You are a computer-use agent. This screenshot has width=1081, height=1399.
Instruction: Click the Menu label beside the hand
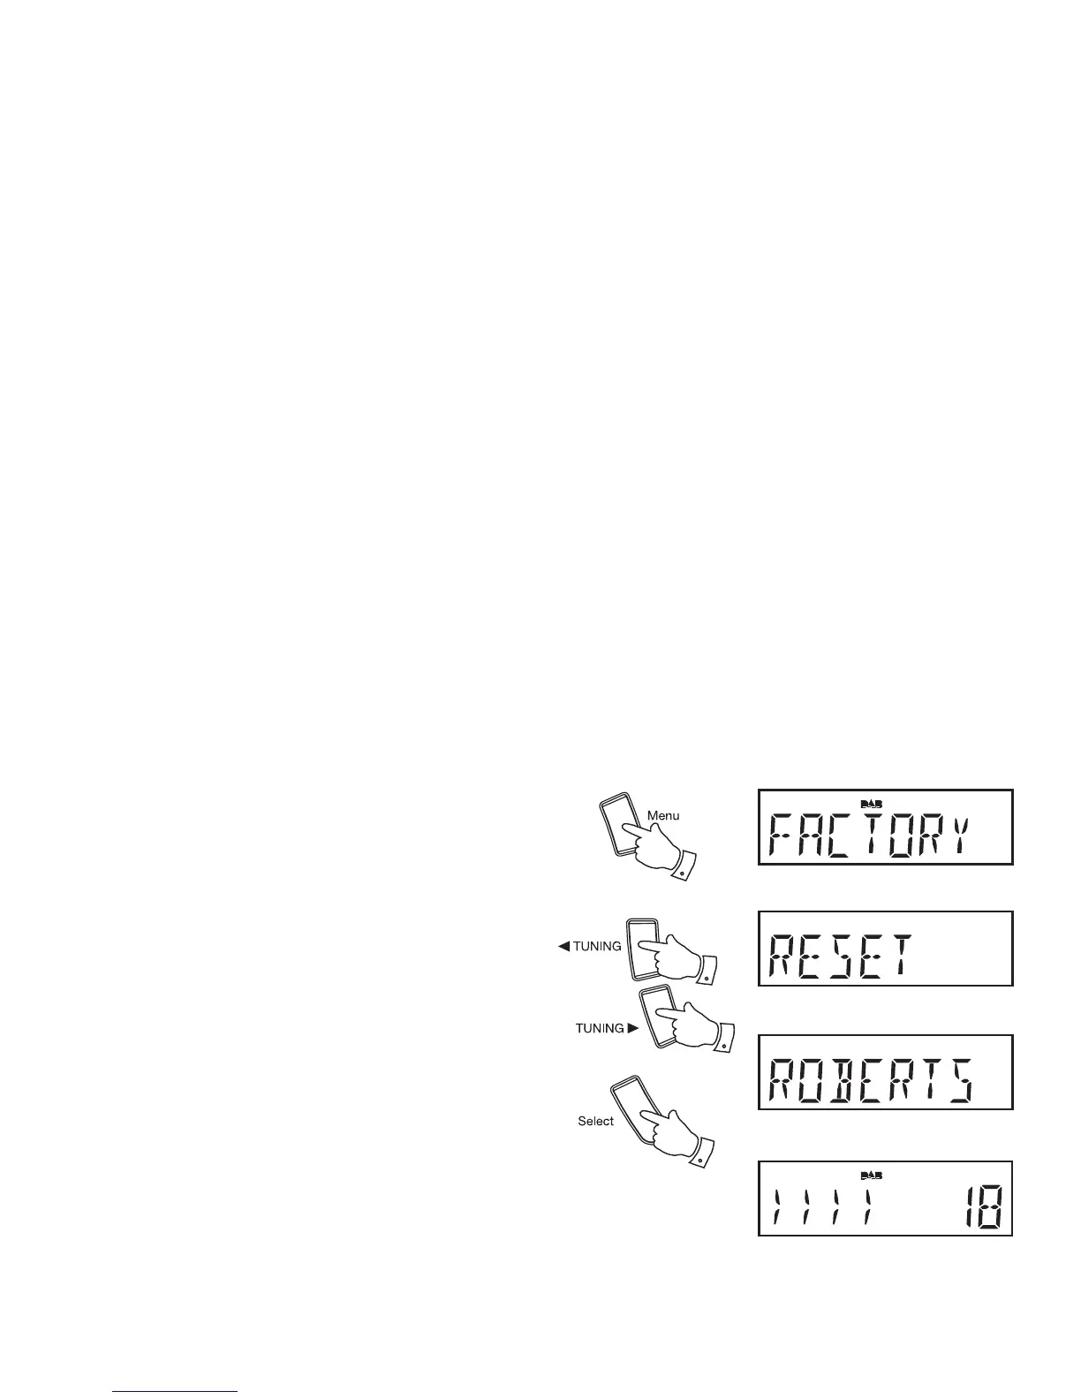(x=663, y=815)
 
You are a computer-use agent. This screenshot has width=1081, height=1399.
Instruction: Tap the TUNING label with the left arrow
(x=597, y=946)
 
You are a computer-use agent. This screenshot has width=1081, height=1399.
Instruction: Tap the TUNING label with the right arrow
(x=600, y=1028)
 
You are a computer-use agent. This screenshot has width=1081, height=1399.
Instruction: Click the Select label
(x=595, y=1121)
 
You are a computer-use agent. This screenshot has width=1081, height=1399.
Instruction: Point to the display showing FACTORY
(x=885, y=827)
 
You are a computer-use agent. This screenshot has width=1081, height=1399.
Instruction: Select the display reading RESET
(x=885, y=949)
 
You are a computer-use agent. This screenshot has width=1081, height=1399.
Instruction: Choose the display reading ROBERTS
(x=885, y=1071)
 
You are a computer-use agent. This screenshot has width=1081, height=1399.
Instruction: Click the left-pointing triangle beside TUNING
(x=563, y=946)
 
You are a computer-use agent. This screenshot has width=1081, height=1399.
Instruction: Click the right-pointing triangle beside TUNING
(x=632, y=1028)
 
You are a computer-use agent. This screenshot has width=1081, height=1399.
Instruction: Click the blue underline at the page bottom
(x=176, y=1392)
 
